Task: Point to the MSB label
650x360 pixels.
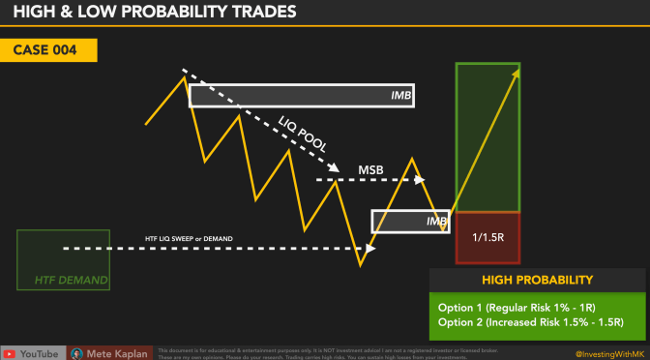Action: [370, 170]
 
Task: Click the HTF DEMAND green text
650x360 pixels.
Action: [64, 282]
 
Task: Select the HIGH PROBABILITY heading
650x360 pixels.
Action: [537, 280]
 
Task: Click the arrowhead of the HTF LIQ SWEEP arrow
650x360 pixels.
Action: [371, 248]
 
